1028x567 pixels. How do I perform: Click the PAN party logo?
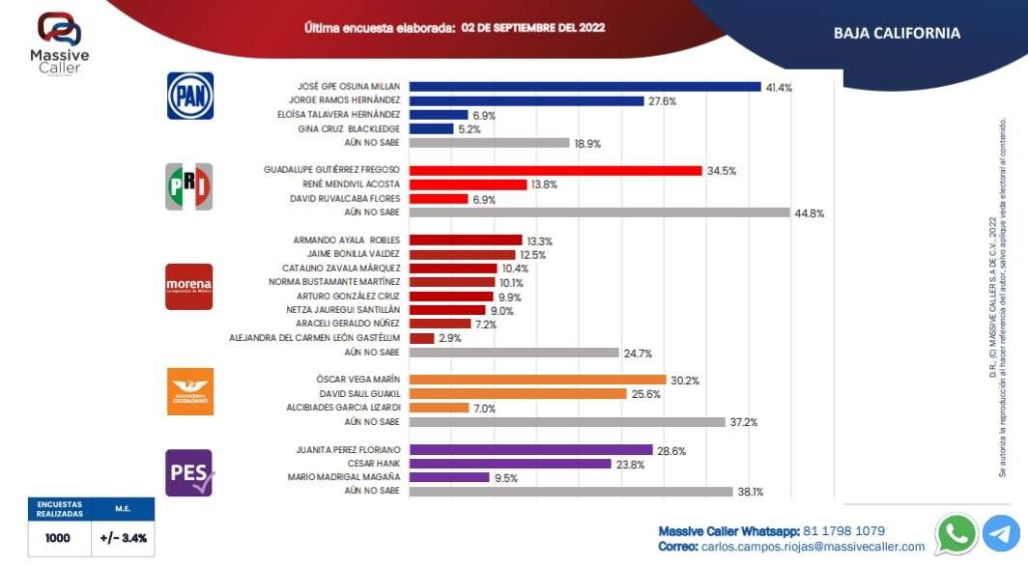click(190, 96)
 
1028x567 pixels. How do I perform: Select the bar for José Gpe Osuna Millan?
click(585, 87)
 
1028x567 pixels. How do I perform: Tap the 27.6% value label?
click(662, 100)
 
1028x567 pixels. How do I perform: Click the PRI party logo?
click(189, 185)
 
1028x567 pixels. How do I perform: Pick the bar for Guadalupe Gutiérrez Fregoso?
click(556, 170)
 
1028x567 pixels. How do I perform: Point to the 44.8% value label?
click(810, 213)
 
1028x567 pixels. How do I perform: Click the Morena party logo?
click(188, 286)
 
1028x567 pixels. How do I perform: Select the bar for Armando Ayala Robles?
click(466, 241)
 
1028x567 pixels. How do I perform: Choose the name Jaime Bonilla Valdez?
click(348, 254)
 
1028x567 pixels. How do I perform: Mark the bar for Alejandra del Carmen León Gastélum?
click(422, 338)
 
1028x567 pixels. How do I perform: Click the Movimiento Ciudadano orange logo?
click(189, 391)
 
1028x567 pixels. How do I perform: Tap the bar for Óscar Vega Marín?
click(538, 380)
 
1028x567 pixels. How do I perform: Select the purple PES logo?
click(189, 472)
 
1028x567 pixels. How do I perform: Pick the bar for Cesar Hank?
click(510, 464)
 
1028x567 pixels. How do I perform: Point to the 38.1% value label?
click(751, 492)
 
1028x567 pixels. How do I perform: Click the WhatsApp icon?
click(956, 533)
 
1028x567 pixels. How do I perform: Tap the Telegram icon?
click(1002, 533)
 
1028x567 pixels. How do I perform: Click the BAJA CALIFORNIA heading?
click(897, 34)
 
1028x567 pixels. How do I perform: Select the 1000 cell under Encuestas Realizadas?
click(57, 538)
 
